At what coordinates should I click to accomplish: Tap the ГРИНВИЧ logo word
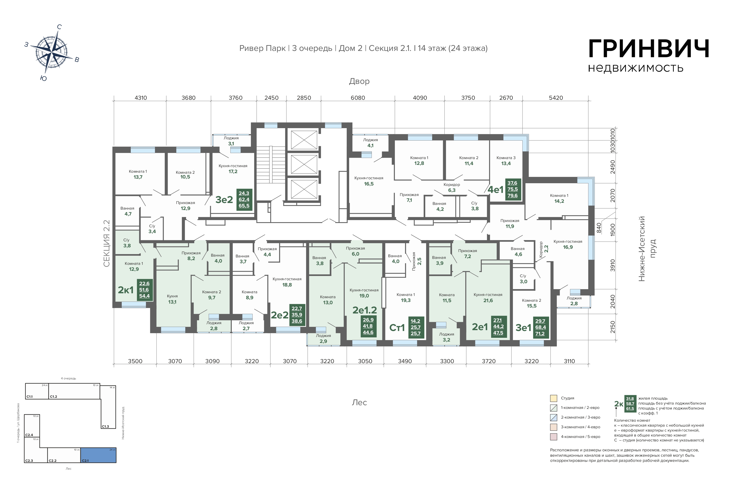tap(649, 49)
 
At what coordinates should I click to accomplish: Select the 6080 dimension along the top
tap(358, 98)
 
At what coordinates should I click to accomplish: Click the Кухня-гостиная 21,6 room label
tap(488, 298)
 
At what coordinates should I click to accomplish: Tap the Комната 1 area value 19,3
tap(406, 300)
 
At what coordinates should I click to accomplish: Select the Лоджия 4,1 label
tap(370, 143)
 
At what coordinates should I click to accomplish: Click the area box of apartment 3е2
tap(244, 199)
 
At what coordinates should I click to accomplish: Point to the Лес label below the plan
tap(359, 403)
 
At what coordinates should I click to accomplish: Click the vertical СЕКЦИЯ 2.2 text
tap(106, 244)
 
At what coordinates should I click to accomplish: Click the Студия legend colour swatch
tap(553, 398)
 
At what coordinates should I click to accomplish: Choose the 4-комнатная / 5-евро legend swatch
tap(553, 437)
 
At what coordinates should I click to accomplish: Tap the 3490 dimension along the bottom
tap(405, 361)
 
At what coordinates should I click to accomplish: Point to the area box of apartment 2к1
tap(144, 290)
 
